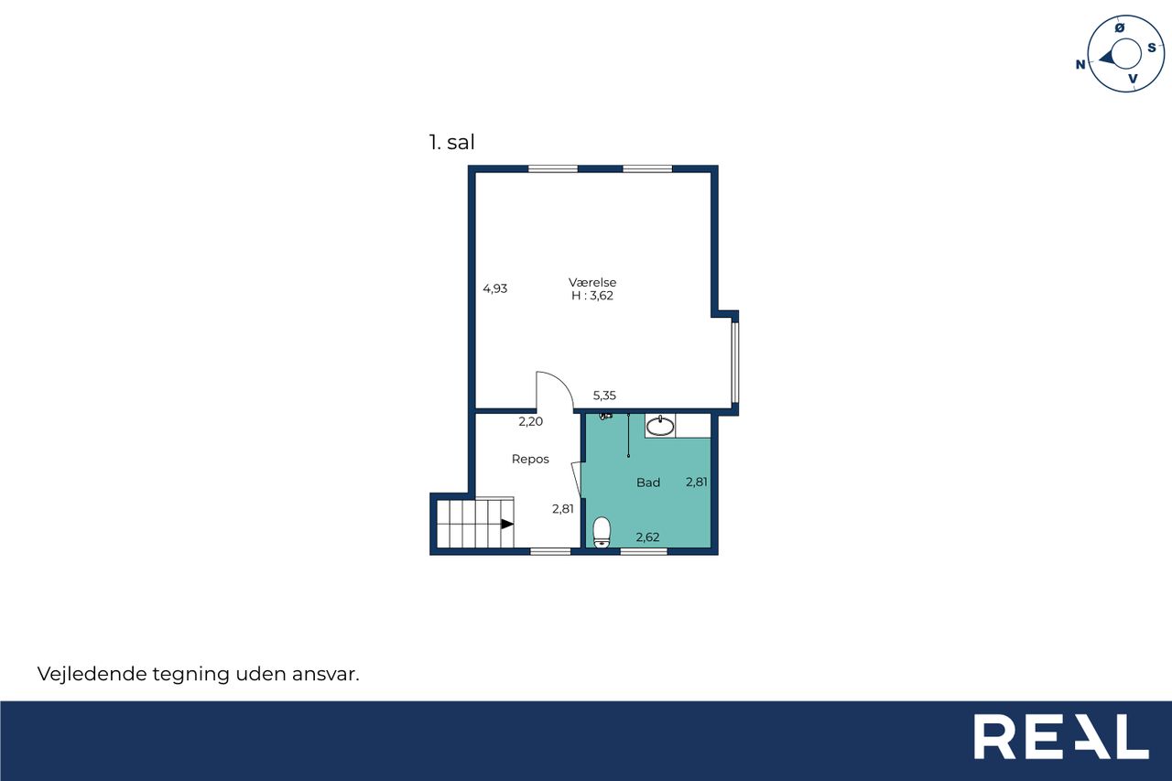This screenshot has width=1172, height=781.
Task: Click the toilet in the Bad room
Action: pos(602,532)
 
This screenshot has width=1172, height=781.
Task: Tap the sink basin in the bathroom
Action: pos(660,427)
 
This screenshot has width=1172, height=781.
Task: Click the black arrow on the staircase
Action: pos(507,524)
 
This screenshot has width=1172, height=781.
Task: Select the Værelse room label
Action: pos(592,282)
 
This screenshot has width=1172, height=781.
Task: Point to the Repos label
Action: pos(530,459)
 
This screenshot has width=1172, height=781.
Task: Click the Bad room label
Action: pos(647,483)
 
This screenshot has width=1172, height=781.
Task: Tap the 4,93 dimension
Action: pos(495,288)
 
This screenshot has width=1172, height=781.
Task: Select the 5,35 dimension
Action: pos(604,396)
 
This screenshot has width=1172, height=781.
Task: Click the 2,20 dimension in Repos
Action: pos(530,421)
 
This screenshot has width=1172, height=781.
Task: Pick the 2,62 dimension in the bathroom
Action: pos(647,537)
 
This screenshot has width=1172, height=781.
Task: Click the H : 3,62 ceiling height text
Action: pos(592,296)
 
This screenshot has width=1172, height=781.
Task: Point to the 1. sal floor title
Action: pos(451,142)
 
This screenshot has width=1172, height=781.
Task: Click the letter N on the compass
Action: pos(1080,64)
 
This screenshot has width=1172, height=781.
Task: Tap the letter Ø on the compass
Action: pos(1120,27)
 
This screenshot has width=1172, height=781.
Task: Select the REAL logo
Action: pos(1061,736)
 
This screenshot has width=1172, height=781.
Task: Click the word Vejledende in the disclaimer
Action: pos(92,674)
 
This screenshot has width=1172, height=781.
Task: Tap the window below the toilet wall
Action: pos(644,551)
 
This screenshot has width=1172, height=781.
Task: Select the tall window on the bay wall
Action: pos(735,363)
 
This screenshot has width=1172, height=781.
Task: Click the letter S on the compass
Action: pos(1152,48)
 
